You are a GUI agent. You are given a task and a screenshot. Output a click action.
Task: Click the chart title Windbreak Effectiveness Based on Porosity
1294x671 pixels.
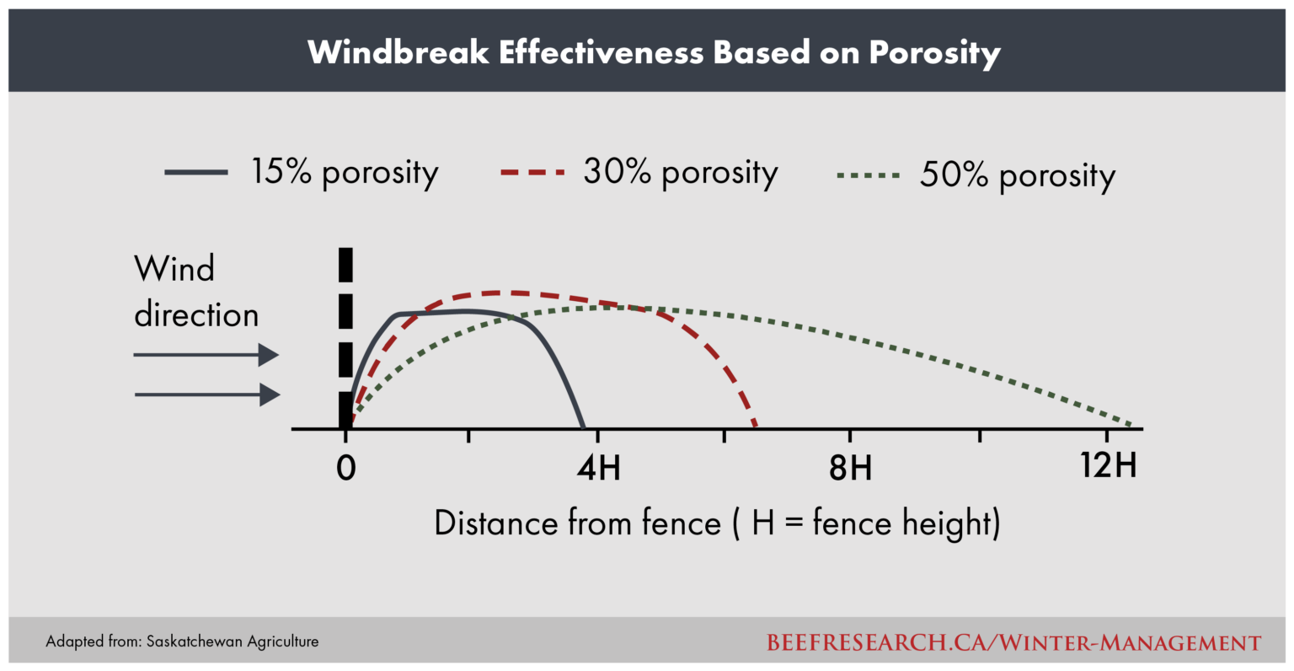tap(654, 52)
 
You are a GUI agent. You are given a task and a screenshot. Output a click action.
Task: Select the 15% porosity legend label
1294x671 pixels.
tap(345, 172)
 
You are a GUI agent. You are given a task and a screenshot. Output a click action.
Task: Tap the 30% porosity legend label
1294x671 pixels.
tap(681, 172)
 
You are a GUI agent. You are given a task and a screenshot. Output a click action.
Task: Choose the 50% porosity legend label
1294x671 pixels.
tap(1018, 175)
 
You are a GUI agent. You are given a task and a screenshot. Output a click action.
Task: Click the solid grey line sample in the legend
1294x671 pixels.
tap(196, 172)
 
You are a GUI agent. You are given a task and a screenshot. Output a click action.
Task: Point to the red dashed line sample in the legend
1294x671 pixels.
tap(532, 172)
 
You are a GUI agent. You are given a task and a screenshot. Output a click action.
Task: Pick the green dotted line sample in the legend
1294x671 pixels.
tap(869, 175)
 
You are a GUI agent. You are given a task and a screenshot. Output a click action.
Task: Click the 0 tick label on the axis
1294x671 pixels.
tap(346, 468)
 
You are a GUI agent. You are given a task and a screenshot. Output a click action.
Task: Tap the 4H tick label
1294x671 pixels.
tap(599, 468)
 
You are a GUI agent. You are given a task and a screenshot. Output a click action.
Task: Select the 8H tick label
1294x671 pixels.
tap(850, 468)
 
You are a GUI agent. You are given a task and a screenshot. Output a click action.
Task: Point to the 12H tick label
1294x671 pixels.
tap(1109, 465)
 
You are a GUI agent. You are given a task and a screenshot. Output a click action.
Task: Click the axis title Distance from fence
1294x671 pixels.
tap(717, 523)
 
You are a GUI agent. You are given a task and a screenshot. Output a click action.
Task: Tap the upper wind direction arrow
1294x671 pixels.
tap(206, 355)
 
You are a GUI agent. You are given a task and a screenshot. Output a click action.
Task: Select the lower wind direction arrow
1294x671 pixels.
tap(207, 395)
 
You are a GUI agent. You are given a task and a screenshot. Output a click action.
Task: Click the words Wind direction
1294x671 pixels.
tap(196, 292)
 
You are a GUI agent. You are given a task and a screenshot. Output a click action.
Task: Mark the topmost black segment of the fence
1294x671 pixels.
tap(345, 265)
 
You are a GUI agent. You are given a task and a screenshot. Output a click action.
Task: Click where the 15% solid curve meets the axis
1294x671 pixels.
tap(584, 428)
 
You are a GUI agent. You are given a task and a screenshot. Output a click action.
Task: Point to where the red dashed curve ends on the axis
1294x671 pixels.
tap(756, 427)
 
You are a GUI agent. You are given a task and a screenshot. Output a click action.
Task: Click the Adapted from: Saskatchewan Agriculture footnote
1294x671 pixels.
tap(182, 641)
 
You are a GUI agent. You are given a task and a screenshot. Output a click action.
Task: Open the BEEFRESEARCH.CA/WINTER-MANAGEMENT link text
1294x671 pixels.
tap(1013, 642)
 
